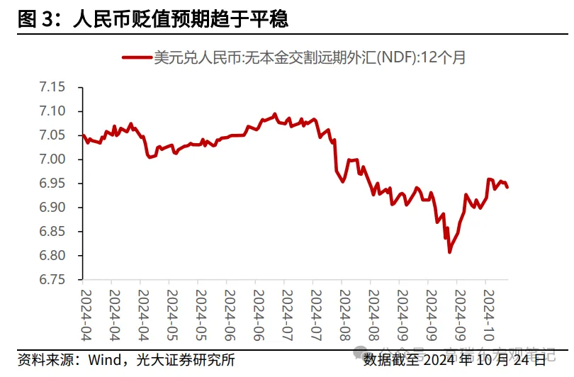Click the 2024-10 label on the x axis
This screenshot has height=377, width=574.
486,305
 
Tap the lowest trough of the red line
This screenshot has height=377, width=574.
449,252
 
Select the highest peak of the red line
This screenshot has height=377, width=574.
275,113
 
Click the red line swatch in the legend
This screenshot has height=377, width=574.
136,57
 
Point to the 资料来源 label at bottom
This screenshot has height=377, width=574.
43,359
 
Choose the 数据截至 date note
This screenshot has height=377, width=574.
454,359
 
